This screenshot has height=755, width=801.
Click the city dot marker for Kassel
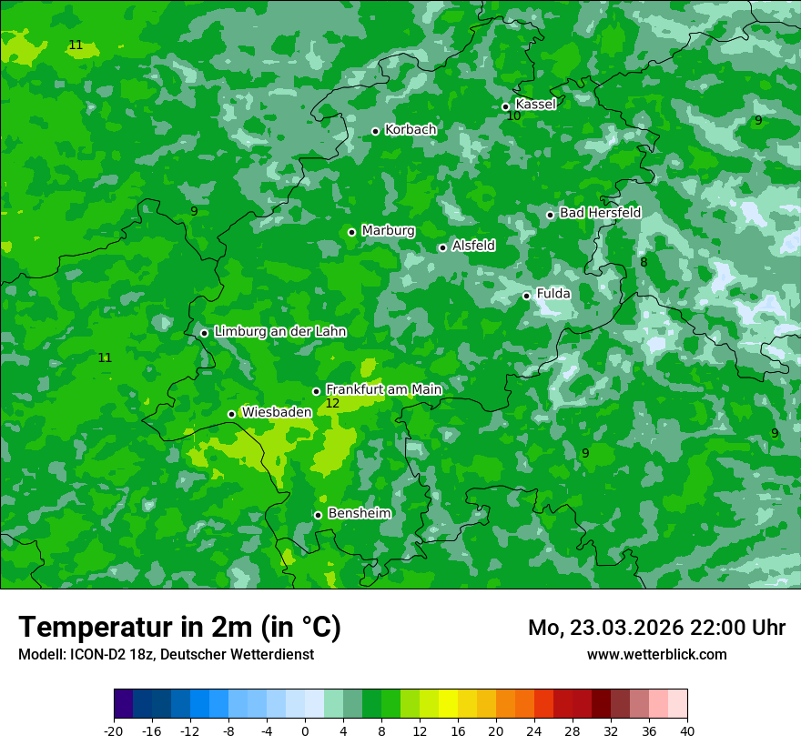point(506,106)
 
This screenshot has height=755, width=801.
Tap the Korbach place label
point(411,130)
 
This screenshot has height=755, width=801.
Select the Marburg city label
point(388,231)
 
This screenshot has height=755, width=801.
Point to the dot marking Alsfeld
point(442,247)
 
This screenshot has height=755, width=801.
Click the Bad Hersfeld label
point(600,213)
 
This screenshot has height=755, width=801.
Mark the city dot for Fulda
point(526,296)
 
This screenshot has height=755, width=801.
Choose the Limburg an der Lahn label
point(279,332)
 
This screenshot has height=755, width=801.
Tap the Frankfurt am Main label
point(383,389)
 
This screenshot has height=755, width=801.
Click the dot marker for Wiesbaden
point(231,414)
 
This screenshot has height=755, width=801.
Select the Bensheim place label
point(359,513)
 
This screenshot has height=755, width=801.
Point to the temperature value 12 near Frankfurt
point(332,403)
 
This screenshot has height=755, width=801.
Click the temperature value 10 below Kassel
point(513,116)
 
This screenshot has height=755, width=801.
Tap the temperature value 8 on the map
point(644,263)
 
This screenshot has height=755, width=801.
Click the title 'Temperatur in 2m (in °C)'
point(179,628)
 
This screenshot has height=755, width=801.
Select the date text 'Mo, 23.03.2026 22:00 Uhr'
point(656,628)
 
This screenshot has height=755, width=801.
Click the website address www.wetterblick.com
point(656,654)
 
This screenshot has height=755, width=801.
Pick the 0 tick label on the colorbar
point(305,731)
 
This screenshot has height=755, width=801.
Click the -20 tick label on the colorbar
point(114,731)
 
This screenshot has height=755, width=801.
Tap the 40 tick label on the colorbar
point(687,731)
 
